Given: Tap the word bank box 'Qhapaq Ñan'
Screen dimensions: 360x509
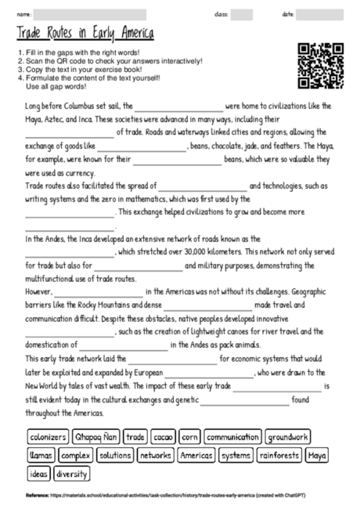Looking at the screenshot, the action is click(x=98, y=436).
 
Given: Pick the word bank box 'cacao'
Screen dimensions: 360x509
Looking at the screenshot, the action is click(x=164, y=436).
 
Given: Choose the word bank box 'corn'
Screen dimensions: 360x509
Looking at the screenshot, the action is click(x=190, y=436).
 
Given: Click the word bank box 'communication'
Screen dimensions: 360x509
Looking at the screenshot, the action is click(x=232, y=436).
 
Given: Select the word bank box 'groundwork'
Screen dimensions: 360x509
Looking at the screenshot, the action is click(x=288, y=436).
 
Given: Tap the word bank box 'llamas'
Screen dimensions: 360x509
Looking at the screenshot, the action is click(x=40, y=454).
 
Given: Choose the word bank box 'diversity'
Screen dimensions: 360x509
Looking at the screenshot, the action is click(x=72, y=473).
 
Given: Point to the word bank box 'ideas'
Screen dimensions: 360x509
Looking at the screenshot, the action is click(x=38, y=473).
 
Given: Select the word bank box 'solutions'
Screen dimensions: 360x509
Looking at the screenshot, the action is click(x=116, y=454).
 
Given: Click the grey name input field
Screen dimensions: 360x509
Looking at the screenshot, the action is click(x=90, y=14).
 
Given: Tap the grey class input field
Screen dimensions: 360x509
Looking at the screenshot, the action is click(x=241, y=14).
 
